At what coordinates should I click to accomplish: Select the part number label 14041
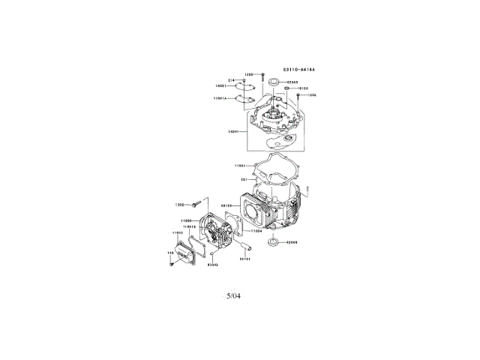(x=233, y=131)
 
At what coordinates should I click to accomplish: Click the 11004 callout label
(x=256, y=232)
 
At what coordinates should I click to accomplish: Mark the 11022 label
(x=178, y=233)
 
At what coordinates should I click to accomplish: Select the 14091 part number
(x=221, y=85)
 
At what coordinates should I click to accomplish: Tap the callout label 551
(x=244, y=179)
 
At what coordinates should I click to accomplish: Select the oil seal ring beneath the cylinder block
(x=274, y=241)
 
